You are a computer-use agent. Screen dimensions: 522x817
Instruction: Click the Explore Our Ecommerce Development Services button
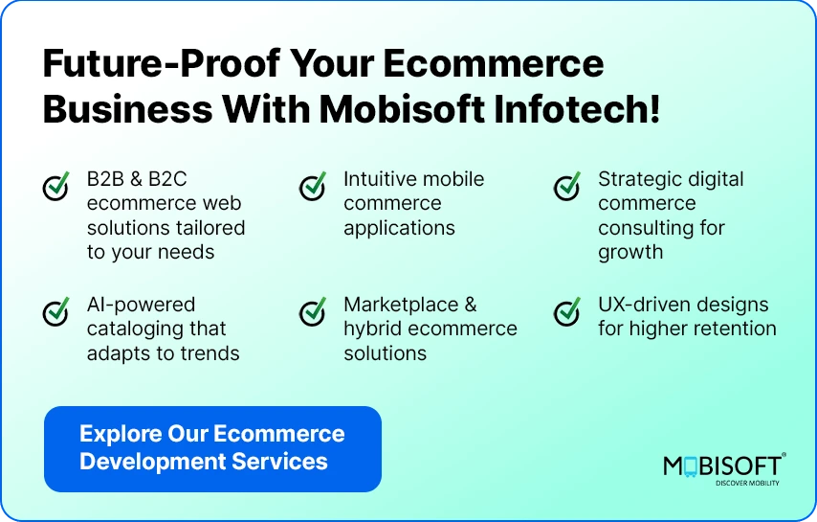(212, 448)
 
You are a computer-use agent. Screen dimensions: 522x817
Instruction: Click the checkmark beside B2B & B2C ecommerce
(56, 186)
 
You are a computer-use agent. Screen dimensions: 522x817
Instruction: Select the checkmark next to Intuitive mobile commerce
(313, 186)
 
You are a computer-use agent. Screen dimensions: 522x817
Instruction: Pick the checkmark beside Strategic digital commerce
(567, 186)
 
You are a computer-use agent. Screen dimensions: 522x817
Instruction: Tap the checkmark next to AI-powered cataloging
(56, 311)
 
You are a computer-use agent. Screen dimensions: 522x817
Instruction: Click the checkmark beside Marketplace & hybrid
(313, 311)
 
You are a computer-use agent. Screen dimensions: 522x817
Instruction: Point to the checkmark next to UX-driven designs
(567, 311)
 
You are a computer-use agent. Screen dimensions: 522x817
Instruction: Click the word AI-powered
(141, 305)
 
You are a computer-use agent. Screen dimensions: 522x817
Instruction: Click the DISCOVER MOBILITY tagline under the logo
(747, 483)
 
